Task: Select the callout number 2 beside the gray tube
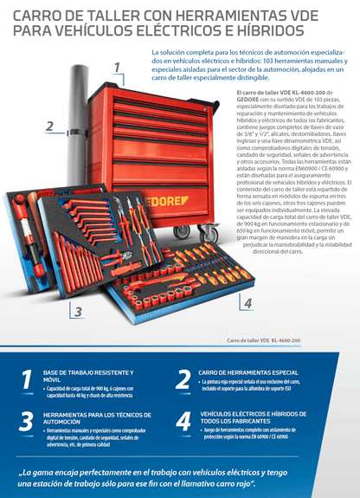(49, 126)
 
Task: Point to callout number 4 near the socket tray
(247, 303)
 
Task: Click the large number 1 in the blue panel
(27, 380)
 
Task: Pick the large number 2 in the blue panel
(183, 379)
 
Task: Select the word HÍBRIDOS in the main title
(264, 32)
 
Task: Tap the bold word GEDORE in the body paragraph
(246, 98)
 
